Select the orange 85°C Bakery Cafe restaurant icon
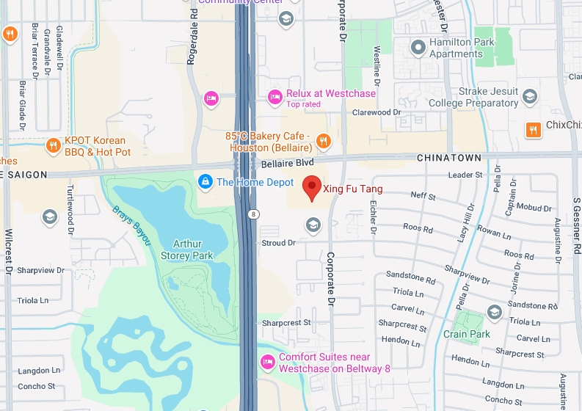(323, 142)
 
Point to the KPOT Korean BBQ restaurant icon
(53, 145)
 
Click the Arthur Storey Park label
(187, 250)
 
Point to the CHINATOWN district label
(448, 158)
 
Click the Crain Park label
(466, 334)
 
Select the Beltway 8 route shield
(252, 214)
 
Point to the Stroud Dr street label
(278, 243)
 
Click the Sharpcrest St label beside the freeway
(287, 322)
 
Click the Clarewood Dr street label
(377, 113)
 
